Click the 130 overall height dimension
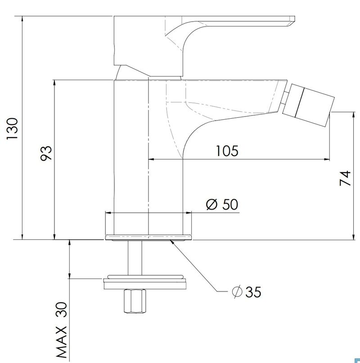click(x=12, y=128)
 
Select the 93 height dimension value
click(x=46, y=153)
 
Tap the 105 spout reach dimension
click(x=227, y=151)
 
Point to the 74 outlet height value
click(x=345, y=178)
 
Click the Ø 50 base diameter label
click(x=222, y=204)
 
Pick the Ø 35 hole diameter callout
click(x=247, y=291)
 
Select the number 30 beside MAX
click(x=62, y=309)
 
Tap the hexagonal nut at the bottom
click(x=135, y=301)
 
